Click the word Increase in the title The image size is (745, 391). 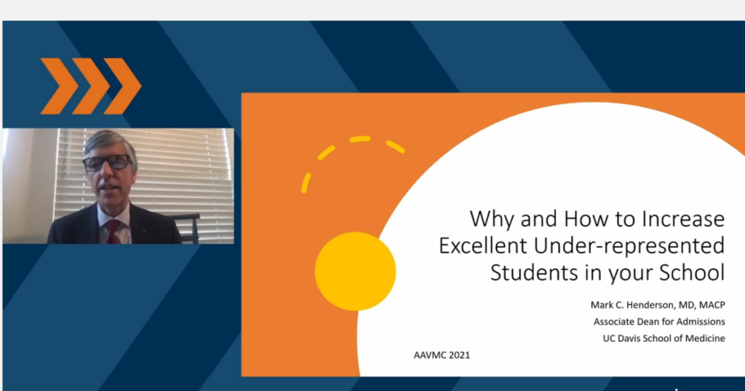point(683,219)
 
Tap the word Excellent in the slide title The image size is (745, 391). point(483,246)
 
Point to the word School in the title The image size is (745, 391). point(692,272)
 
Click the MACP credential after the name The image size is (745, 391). point(712,305)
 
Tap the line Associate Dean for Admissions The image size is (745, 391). point(659,322)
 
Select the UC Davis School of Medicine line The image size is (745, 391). point(664,338)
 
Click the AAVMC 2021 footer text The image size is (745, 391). point(442,355)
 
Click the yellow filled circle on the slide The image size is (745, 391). point(355,271)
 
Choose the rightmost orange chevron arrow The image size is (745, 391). point(122,86)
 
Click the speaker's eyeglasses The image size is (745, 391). point(108,162)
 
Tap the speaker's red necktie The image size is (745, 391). point(113,231)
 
